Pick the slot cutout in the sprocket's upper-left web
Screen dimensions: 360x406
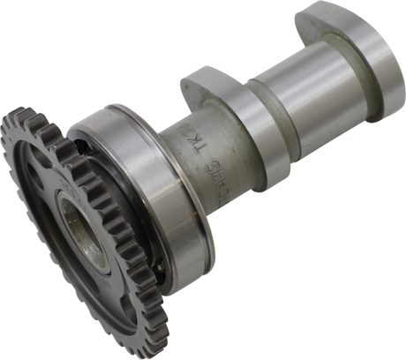(x=44, y=168)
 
